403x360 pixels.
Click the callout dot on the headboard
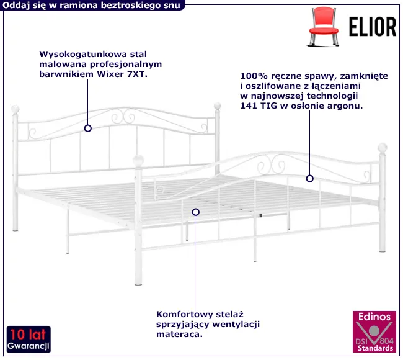click(88, 128)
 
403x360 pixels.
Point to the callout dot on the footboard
click(309, 179)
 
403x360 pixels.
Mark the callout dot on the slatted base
click(196, 212)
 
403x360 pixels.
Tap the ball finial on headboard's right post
click(218, 106)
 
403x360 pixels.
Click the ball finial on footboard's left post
click(140, 160)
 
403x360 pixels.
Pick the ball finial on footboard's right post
click(383, 148)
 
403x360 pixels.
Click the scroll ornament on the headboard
click(122, 116)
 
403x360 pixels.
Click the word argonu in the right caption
click(347, 106)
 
